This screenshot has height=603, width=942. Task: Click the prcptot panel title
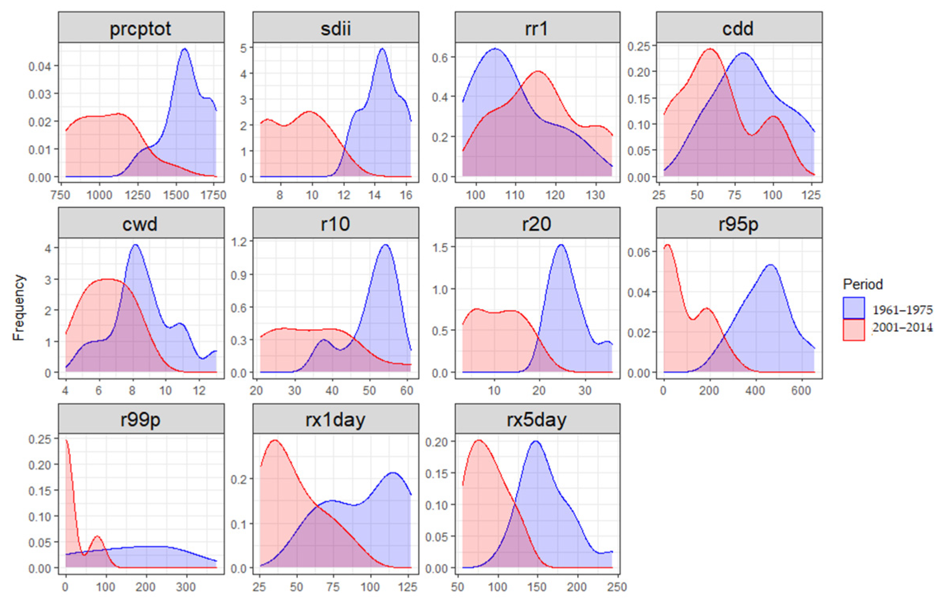pos(140,29)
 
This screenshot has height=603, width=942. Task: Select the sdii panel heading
pos(335,29)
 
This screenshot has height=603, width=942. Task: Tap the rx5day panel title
pos(536,420)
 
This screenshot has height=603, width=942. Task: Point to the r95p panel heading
pos(738,224)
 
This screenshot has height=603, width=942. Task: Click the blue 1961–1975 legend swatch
pos(853,308)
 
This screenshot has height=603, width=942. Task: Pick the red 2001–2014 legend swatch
pos(853,330)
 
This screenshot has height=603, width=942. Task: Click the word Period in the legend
pos(863,284)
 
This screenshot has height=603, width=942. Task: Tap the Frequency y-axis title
pos(18,307)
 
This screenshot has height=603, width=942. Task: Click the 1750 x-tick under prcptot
pos(214,195)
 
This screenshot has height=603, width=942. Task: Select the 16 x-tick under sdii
pos(406,195)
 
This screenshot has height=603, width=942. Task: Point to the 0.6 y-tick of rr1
pos(440,58)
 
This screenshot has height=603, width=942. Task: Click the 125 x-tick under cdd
pos(811,195)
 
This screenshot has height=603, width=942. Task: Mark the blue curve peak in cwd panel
pos(135,245)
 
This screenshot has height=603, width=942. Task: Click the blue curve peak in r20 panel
pos(561,245)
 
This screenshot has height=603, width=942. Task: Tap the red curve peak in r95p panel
pos(668,245)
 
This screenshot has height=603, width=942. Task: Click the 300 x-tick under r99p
pos(186,587)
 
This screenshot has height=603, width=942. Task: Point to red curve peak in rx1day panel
pos(275,440)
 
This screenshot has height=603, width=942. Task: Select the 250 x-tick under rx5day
pos(617,587)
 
